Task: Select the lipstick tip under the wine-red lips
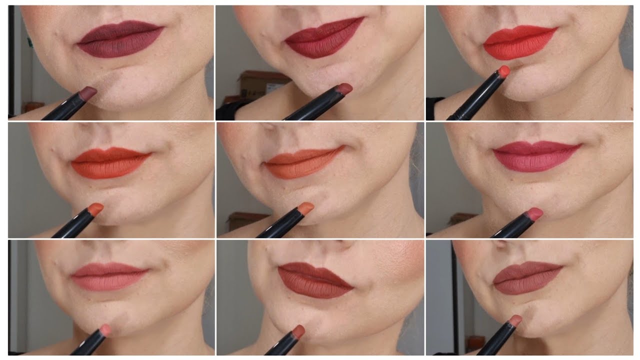[x=343, y=89]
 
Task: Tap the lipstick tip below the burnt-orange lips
[x=95, y=208]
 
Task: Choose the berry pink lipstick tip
[x=534, y=213]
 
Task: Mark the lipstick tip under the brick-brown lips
[x=298, y=330]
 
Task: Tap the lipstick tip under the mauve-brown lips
[x=514, y=320]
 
